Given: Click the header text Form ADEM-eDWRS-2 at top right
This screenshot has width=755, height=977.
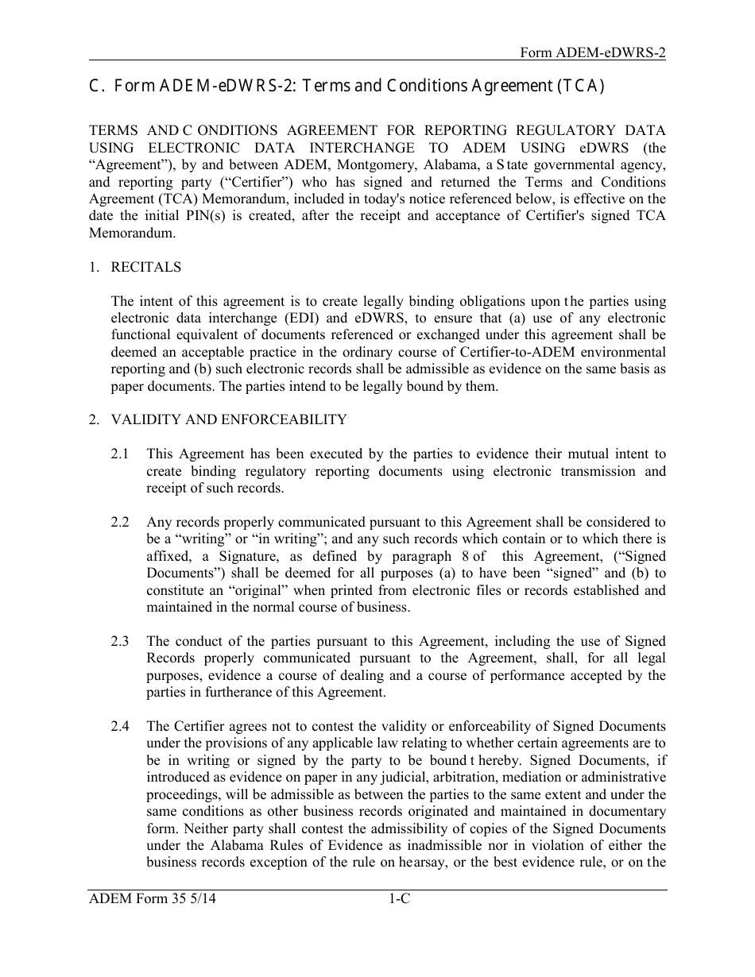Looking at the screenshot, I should pyautogui.click(x=592, y=52).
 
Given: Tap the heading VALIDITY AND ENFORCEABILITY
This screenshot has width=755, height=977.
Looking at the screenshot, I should pyautogui.click(x=229, y=419).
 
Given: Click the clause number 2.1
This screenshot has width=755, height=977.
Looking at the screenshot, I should pyautogui.click(x=120, y=454).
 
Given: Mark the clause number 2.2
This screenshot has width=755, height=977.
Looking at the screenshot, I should pyautogui.click(x=120, y=523).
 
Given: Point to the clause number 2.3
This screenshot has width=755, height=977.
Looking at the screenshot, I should pyautogui.click(x=120, y=642).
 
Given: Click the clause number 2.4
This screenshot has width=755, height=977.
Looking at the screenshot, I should pyautogui.click(x=120, y=727).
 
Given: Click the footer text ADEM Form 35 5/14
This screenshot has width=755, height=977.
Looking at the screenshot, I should pyautogui.click(x=153, y=899).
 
